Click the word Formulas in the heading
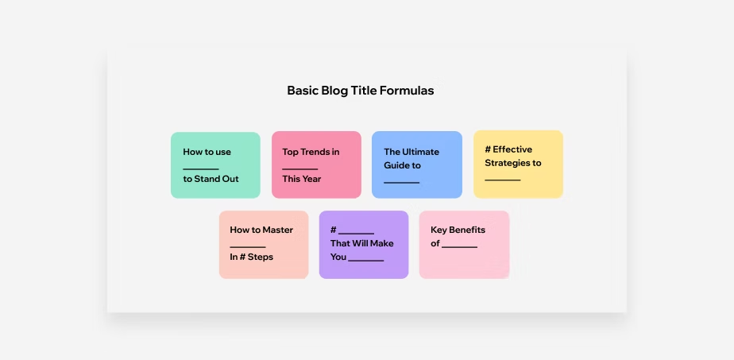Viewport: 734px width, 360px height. [x=407, y=91]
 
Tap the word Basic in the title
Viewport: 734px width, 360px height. [x=303, y=91]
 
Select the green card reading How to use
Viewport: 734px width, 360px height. [x=215, y=165]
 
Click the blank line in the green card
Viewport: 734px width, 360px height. [x=201, y=169]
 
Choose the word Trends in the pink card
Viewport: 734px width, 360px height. [x=316, y=152]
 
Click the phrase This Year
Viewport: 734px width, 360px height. [x=302, y=179]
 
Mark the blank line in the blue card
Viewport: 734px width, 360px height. [x=402, y=183]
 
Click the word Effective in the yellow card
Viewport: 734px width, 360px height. [x=512, y=149]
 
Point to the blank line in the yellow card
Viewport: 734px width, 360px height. [x=503, y=180]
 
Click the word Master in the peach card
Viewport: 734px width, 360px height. [x=277, y=230]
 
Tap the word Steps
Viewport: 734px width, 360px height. [x=261, y=257]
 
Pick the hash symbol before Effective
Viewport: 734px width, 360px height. [x=488, y=149]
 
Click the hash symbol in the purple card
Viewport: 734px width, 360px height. [x=334, y=230]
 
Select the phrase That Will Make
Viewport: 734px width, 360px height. [x=362, y=243]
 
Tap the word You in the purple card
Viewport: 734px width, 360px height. [x=338, y=257]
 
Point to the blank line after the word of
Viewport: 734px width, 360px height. [x=460, y=246]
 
